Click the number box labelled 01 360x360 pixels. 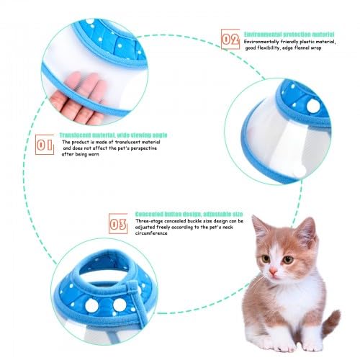[x=45, y=145]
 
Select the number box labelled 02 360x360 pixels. [x=230, y=39]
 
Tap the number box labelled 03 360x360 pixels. [x=118, y=224]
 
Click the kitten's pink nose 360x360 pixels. [x=273, y=271]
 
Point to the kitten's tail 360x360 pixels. [x=332, y=323]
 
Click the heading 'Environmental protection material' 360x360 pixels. [x=289, y=35]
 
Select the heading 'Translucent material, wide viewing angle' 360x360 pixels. [x=113, y=135]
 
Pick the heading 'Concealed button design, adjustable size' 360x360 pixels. [x=189, y=214]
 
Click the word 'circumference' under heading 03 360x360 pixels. [x=151, y=233]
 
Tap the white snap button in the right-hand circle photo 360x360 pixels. [x=313, y=106]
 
